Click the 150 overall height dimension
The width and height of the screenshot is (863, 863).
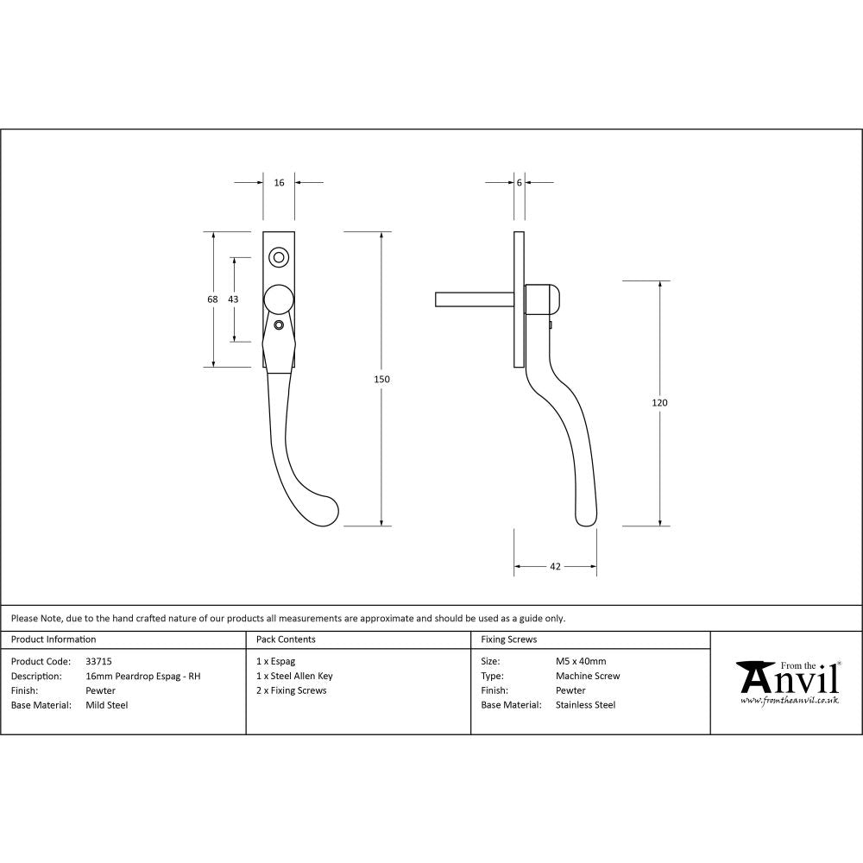[x=381, y=379]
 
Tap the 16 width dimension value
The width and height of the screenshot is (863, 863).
[x=279, y=183]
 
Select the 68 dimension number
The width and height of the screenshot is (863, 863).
[x=212, y=299]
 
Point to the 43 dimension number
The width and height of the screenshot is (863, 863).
[x=233, y=299]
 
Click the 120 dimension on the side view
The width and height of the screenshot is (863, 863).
[x=661, y=402]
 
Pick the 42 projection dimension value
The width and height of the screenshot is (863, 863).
[x=555, y=567]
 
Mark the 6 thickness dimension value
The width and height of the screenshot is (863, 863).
[x=519, y=183]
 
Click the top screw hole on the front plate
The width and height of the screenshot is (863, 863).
[x=279, y=256]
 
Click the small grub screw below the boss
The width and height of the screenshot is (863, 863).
[x=279, y=325]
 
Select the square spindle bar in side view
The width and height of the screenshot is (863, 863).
[x=475, y=299]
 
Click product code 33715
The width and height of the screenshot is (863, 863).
[x=99, y=661]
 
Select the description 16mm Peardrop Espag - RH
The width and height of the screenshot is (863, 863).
[x=143, y=676]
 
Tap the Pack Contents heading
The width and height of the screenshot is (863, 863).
[x=286, y=639]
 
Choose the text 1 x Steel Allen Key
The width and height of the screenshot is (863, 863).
[x=294, y=676]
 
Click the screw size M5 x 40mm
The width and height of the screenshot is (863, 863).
[x=581, y=661]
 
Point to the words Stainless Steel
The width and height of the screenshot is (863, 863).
[x=585, y=705]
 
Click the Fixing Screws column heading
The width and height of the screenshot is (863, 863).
[x=509, y=639]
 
